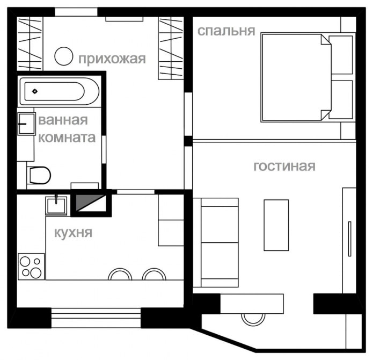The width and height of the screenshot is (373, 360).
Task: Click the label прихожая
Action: tap(112, 59)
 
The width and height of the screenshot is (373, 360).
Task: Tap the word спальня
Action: tap(226, 31)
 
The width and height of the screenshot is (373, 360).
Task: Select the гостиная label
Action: tap(284, 166)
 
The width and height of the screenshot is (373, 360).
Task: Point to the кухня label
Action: tap(74, 233)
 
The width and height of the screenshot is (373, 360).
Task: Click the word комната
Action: tap(67, 138)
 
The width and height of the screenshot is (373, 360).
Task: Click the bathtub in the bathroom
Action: tap(59, 91)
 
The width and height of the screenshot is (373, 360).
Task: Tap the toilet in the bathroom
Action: tap(39, 175)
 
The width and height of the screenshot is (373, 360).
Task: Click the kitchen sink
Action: tap(56, 205)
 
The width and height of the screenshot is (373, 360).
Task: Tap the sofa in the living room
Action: tap(218, 242)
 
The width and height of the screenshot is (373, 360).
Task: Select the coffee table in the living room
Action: tap(276, 225)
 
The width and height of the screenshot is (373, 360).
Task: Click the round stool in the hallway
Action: tap(64, 55)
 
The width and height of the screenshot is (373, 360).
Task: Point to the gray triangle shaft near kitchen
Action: tap(88, 203)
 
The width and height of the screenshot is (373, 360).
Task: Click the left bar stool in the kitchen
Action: tap(120, 275)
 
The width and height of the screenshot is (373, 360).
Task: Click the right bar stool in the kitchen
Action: tap(155, 275)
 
